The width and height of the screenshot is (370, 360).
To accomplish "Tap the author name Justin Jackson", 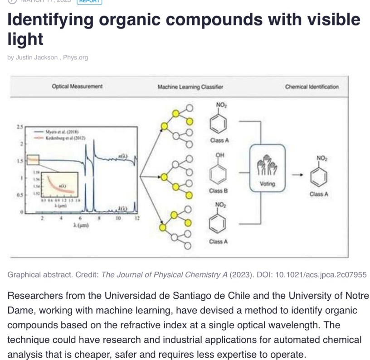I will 36,58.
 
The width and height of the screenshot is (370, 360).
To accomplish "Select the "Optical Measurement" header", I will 77,86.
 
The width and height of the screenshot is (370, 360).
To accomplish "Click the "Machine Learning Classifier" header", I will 190,86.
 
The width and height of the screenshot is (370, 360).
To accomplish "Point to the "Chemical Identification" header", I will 312,86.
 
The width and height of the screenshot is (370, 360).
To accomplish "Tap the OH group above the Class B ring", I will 220,155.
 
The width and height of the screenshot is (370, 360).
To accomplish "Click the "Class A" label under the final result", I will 319,194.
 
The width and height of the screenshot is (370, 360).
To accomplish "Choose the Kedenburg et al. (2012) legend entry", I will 65,137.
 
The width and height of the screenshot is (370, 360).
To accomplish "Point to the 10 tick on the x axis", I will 118,218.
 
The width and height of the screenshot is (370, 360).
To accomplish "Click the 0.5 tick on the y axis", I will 19,195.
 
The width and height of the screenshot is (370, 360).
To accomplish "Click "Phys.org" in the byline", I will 75,58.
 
